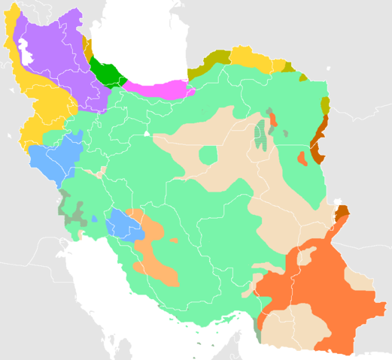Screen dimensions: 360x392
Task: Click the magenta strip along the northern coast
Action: point(154,89)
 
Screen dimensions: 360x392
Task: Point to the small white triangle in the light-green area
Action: point(147,133)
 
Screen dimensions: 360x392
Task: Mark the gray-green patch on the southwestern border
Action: point(72,210)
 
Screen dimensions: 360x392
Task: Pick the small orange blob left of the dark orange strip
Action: point(302,159)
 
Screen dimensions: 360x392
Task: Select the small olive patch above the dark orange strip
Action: point(326,104)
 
